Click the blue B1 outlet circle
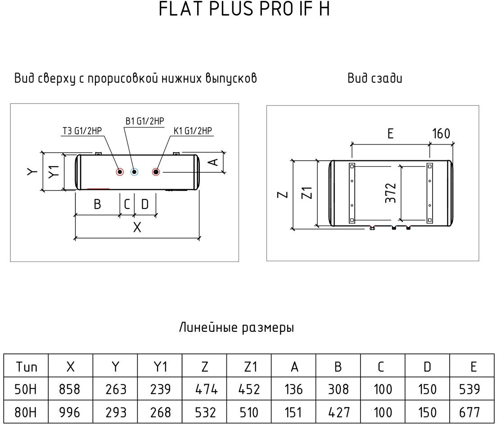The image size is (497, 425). click(x=134, y=172)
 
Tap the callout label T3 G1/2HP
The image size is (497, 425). click(x=83, y=131)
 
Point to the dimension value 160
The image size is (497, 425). click(x=441, y=134)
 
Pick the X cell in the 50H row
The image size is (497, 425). click(x=70, y=389)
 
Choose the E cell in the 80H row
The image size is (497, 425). click(x=473, y=412)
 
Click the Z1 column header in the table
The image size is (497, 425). click(x=250, y=367)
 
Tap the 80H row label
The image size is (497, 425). click(x=26, y=412)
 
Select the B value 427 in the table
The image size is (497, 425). click(x=339, y=412)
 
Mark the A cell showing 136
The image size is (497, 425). click(x=294, y=389)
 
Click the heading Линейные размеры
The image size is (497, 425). click(x=236, y=328)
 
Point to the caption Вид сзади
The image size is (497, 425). click(x=375, y=78)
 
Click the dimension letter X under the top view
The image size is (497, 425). click(x=137, y=227)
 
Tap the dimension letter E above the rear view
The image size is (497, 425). click(x=390, y=134)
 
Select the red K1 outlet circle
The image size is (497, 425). click(x=156, y=172)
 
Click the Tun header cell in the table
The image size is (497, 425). click(x=26, y=367)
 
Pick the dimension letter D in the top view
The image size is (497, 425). click(x=145, y=204)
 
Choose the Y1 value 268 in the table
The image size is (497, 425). click(x=161, y=412)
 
